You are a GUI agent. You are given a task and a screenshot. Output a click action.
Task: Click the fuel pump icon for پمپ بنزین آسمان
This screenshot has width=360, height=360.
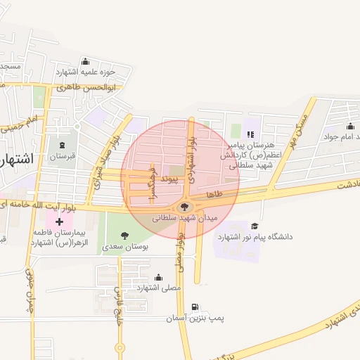pyautogui.click(x=195, y=308)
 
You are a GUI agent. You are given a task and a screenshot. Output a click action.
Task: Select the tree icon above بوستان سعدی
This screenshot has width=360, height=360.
pyautogui.click(x=125, y=236)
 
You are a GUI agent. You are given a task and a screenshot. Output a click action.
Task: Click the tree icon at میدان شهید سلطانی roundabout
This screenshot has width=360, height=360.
pyautogui.click(x=185, y=207)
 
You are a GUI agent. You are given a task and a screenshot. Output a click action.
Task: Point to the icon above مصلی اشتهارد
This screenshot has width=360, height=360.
pyautogui.click(x=158, y=277)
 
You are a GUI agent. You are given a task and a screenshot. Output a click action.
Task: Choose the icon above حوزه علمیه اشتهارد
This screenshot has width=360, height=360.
pyautogui.click(x=86, y=61)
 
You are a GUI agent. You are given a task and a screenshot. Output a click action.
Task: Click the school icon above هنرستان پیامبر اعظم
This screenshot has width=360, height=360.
pyautogui.click(x=250, y=134)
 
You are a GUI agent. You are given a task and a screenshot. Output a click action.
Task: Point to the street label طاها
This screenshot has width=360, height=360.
pyautogui.click(x=214, y=193)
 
